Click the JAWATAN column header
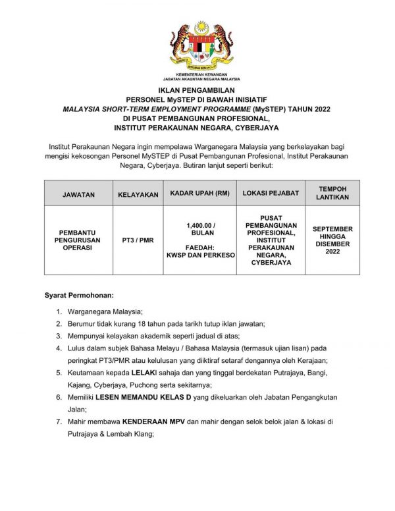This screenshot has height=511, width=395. (78, 195)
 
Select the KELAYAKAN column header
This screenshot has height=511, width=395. (138, 195)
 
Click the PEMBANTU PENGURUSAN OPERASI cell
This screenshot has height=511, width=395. (78, 240)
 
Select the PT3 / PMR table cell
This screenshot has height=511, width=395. (138, 240)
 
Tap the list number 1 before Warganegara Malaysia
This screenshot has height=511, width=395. (59, 311)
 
